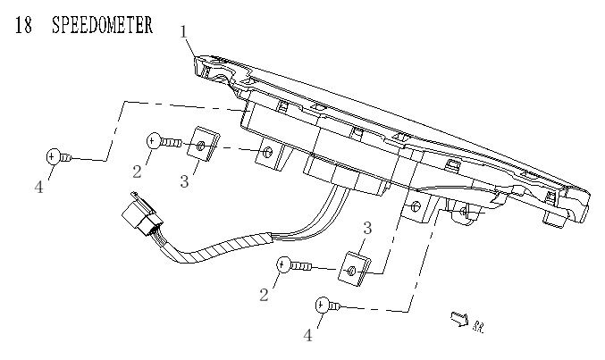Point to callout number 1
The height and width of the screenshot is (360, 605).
[183, 33]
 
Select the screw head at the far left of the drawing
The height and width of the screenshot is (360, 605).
[53, 157]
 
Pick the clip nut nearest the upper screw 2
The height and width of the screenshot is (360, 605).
[206, 146]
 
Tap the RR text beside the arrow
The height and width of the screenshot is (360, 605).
[480, 326]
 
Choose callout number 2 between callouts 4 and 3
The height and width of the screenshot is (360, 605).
[139, 170]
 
